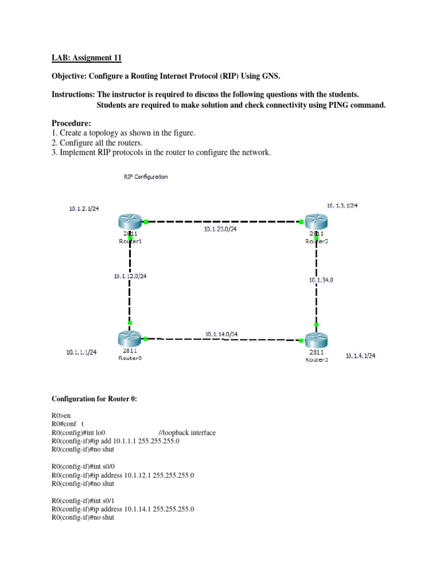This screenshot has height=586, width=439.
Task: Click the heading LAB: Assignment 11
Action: pos(87,58)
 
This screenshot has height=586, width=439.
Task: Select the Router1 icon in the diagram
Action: pos(130,221)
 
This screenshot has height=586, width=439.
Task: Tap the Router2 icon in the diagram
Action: pos(316,221)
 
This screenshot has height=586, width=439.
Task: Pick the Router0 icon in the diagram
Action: pos(130,338)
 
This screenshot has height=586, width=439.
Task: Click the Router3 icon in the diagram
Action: pos(316,340)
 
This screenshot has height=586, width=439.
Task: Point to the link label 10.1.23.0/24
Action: pos(220,229)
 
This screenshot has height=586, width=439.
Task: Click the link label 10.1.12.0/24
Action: pos(130,276)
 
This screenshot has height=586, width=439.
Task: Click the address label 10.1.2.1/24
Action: pos(83,209)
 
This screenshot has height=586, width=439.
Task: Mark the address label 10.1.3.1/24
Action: pos(342,205)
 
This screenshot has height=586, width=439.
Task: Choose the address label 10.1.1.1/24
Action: pos(81,353)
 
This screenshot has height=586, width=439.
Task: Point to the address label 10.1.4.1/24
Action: pos(361,356)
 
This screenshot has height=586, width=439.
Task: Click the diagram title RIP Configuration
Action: pos(146,177)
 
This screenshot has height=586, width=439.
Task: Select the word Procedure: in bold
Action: pos(71,123)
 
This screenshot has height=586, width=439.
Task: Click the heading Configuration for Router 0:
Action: pos(94,399)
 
